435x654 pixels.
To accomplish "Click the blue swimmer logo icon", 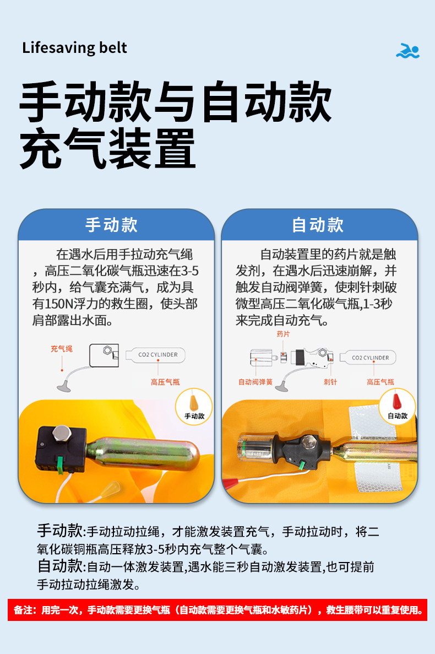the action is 407,51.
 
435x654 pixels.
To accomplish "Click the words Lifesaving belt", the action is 74,48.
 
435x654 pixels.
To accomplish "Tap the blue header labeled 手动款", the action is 116,224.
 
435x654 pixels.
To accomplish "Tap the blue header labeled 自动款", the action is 319,224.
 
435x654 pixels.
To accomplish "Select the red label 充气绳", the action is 61,348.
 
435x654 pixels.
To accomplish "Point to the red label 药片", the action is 283,334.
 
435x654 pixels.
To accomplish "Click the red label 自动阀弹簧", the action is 255,382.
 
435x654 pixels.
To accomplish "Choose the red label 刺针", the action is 330,382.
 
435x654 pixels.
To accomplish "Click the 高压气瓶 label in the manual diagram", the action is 165,382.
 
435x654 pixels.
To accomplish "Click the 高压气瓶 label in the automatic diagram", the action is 380,382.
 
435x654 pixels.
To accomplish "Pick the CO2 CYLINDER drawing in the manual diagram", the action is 155,355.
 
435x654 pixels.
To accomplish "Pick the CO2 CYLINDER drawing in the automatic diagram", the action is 367,358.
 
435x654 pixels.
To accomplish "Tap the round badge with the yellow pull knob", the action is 194,407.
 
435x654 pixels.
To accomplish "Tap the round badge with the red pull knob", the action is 397,407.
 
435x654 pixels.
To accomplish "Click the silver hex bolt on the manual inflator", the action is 62,434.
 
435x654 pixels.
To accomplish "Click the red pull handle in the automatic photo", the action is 231,483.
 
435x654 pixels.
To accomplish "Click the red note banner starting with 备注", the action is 218,610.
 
